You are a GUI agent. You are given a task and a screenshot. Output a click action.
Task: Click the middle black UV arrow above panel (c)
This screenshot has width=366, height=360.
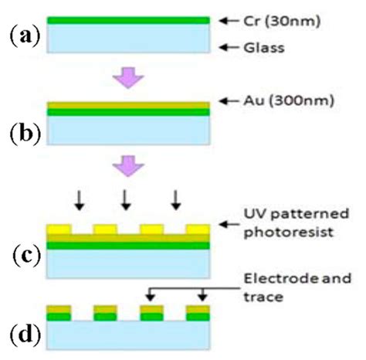(124, 200)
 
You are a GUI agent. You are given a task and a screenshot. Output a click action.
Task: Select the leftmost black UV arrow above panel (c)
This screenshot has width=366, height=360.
(78, 200)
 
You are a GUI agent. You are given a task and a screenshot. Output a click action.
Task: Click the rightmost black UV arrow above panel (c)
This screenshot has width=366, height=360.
(177, 200)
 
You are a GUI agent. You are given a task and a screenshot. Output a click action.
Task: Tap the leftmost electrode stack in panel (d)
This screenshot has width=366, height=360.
(59, 313)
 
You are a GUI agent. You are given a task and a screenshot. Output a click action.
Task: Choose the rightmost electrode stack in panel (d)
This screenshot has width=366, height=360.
(198, 313)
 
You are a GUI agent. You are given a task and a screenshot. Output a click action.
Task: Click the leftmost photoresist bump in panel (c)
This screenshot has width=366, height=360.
(59, 229)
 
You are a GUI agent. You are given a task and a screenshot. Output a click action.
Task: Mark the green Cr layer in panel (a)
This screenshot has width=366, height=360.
(127, 20)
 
